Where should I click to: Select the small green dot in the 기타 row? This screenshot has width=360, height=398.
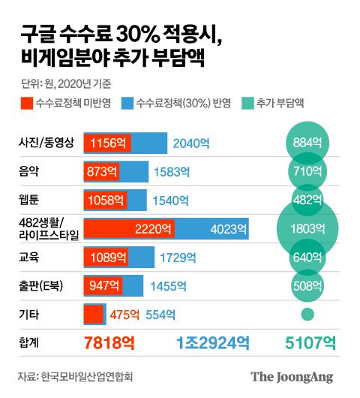[x=306, y=313]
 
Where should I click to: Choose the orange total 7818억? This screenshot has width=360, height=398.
[x=109, y=343]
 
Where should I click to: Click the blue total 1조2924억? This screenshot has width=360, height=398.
[x=213, y=343]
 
